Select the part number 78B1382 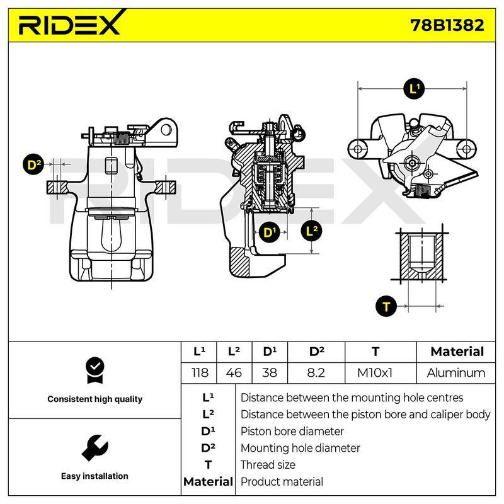[447, 25]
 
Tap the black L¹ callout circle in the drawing [414, 88]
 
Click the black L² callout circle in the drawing [311, 231]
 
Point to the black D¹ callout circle [270, 232]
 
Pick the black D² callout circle [33, 164]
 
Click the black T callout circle [386, 306]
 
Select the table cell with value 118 [200, 373]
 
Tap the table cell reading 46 [234, 373]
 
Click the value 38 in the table [270, 373]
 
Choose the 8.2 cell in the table [316, 373]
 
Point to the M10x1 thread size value [375, 373]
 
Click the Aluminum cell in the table [455, 373]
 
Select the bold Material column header [457, 352]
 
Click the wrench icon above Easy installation [95, 448]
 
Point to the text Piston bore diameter [292, 432]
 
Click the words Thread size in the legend [268, 465]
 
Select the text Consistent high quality [95, 399]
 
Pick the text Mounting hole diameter [301, 448]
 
